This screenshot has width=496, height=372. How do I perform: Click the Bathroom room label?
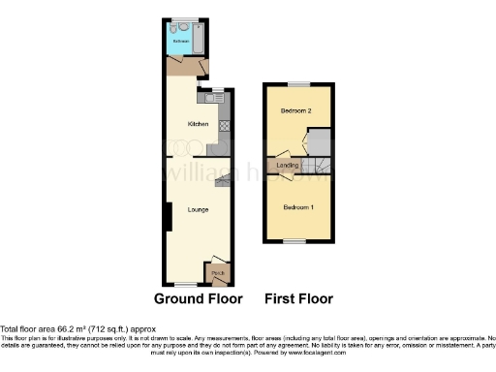(x=180, y=42)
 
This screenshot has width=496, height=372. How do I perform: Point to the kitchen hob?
(x=224, y=125)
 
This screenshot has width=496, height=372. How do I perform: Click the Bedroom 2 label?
(x=295, y=112)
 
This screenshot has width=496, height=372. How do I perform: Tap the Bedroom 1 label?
(x=297, y=208)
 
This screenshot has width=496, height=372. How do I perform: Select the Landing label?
(x=288, y=167)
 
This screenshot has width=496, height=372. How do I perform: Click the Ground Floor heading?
(x=199, y=298)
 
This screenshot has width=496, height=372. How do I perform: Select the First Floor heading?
(x=298, y=298)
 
